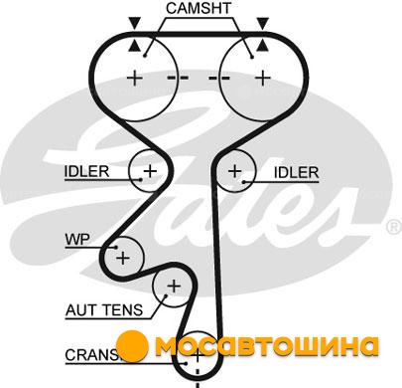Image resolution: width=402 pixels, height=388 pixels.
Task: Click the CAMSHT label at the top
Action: [199, 8]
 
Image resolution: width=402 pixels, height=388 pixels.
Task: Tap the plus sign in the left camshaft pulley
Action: [135, 79]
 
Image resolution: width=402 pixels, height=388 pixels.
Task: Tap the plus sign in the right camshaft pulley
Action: [263, 79]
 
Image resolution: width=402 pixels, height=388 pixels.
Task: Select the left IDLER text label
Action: [86, 171]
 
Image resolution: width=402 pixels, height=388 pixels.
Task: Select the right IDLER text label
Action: [297, 172]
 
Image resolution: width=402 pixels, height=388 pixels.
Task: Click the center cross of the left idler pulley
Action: [150, 171]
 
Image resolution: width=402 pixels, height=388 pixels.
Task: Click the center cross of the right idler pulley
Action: [235, 171]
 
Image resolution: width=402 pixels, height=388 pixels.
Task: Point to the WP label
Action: [77, 239]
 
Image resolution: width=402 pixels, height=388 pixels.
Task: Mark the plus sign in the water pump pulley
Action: [123, 258]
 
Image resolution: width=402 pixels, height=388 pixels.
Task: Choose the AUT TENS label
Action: [104, 310]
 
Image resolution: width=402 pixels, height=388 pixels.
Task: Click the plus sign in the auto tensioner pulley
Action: [174, 287]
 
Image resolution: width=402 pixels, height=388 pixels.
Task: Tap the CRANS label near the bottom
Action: [91, 355]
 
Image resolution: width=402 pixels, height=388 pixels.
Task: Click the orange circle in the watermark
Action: [132, 347]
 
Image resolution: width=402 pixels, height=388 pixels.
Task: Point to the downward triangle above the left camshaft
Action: [135, 23]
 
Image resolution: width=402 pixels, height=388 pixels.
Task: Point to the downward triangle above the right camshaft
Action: [263, 23]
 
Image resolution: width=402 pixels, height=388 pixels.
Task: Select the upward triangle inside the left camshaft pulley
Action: [134, 46]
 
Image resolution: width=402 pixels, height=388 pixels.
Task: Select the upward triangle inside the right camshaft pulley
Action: [262, 46]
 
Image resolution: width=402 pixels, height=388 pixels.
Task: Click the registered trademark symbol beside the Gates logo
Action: [394, 227]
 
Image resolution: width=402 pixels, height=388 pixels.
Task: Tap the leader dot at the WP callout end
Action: [116, 247]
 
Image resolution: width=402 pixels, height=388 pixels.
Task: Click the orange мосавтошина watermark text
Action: [267, 346]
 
